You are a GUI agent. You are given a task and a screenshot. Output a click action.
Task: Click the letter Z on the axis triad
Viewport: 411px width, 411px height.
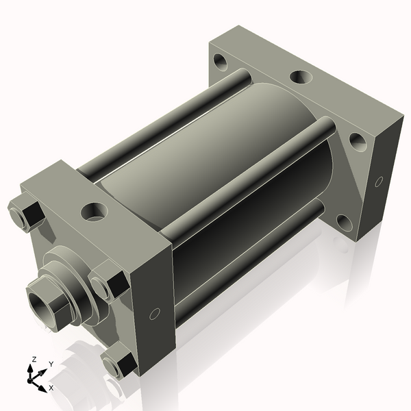[x=34, y=360]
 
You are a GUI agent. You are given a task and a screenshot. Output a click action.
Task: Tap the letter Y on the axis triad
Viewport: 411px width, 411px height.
[x=51, y=364]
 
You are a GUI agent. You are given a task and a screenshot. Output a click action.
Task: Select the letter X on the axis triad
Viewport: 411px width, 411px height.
[x=51, y=388]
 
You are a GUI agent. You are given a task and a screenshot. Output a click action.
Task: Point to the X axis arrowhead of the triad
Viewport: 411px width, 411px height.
[x=42, y=388]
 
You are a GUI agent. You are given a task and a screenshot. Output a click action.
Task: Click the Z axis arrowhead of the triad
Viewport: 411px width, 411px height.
[x=30, y=369]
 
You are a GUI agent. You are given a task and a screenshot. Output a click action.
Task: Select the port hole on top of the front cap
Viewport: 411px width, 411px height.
[x=95, y=212]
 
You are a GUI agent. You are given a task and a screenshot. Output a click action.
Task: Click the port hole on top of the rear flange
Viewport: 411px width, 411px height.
[x=301, y=77]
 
